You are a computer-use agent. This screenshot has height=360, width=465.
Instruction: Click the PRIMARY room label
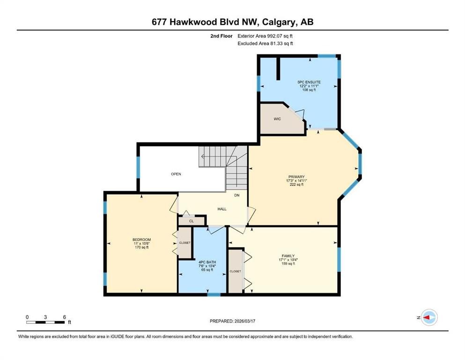296,177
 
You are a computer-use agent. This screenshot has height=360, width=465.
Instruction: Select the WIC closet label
277,119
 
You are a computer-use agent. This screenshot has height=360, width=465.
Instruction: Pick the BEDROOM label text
141,240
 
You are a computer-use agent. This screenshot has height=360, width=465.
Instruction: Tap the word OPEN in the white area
176,174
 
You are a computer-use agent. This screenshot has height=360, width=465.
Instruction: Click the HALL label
222,209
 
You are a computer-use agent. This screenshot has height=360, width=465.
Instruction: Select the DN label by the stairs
237,195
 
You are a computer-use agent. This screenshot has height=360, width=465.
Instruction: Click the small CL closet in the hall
192,221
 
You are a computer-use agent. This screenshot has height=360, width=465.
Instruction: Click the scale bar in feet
45,322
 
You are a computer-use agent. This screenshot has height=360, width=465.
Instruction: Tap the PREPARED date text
232,321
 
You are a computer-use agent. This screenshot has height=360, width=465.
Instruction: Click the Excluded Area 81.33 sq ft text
266,44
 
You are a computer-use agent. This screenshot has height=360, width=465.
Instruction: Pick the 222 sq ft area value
296,185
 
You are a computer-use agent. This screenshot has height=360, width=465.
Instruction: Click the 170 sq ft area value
141,247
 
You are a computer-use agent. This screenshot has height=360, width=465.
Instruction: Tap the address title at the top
232,22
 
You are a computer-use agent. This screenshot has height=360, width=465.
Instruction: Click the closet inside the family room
236,271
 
